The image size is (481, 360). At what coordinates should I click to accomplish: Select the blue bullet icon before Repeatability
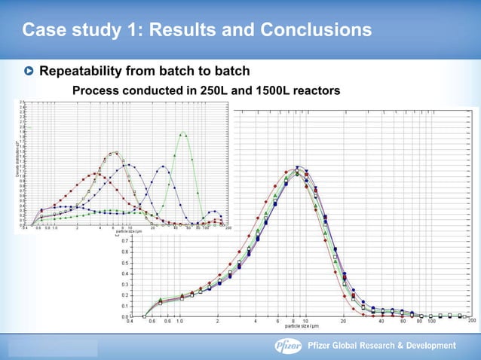tap(29, 72)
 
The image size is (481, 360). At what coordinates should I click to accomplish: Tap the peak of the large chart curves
tap(299, 168)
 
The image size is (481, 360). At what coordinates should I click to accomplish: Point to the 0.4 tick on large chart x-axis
tap(130, 322)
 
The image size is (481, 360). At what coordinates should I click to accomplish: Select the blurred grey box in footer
tap(53, 347)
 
